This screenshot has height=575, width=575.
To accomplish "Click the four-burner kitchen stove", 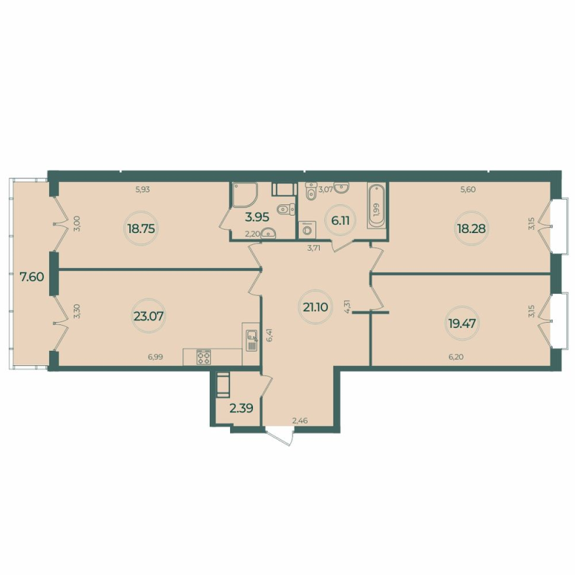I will click(203, 356).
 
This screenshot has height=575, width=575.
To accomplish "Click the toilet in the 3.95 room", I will click(285, 210).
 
